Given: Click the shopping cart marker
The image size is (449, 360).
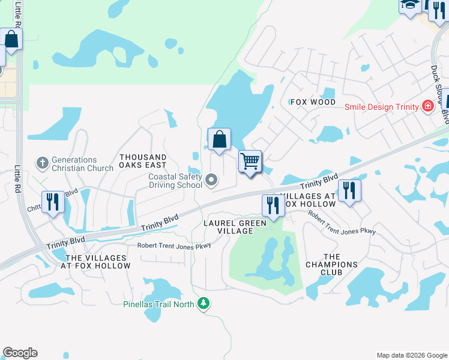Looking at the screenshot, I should (x=250, y=161).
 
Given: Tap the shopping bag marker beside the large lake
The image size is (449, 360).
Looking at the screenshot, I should (x=220, y=139).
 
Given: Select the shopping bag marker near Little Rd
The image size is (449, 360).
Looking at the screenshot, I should (x=11, y=40).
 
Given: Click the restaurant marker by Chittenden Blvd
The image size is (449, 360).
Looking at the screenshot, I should (x=53, y=202).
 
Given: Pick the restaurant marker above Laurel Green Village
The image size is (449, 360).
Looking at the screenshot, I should (x=273, y=205).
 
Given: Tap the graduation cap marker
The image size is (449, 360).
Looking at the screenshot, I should (x=411, y=5).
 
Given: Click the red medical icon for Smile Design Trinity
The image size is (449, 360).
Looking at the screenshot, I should (x=428, y=107).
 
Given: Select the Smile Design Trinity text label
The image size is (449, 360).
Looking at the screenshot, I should (x=381, y=107).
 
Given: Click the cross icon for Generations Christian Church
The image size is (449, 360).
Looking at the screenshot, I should (x=43, y=163).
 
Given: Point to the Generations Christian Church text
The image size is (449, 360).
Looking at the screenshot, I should (x=82, y=164).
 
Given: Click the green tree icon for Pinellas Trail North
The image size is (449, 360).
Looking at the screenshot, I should (x=205, y=304).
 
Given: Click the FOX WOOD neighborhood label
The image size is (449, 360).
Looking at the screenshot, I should (x=312, y=102).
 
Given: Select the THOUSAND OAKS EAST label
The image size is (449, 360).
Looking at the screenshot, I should (x=142, y=161).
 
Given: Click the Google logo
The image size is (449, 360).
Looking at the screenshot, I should (x=20, y=353).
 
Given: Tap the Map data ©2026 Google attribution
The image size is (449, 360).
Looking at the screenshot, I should (x=411, y=355).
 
